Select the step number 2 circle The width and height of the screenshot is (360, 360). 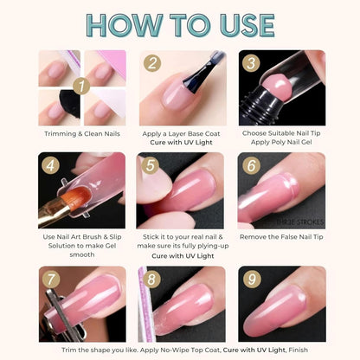tap(151, 63)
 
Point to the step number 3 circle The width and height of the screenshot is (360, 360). tap(252, 63)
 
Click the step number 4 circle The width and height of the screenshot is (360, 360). tap(49, 165)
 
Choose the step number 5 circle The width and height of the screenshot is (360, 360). tap(151, 165)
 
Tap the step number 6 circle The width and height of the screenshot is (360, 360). tap(252, 165)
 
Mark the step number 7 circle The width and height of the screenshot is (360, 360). tap(49, 280)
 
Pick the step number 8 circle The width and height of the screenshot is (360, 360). tap(151, 280)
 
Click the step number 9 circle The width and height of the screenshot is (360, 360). tap(252, 280)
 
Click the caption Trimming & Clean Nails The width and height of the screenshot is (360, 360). tap(82, 134)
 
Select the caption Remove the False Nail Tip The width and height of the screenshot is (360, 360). tap(282, 235)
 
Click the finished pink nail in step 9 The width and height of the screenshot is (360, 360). tap(286, 307)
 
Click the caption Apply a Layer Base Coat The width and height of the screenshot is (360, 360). tap(181, 134)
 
